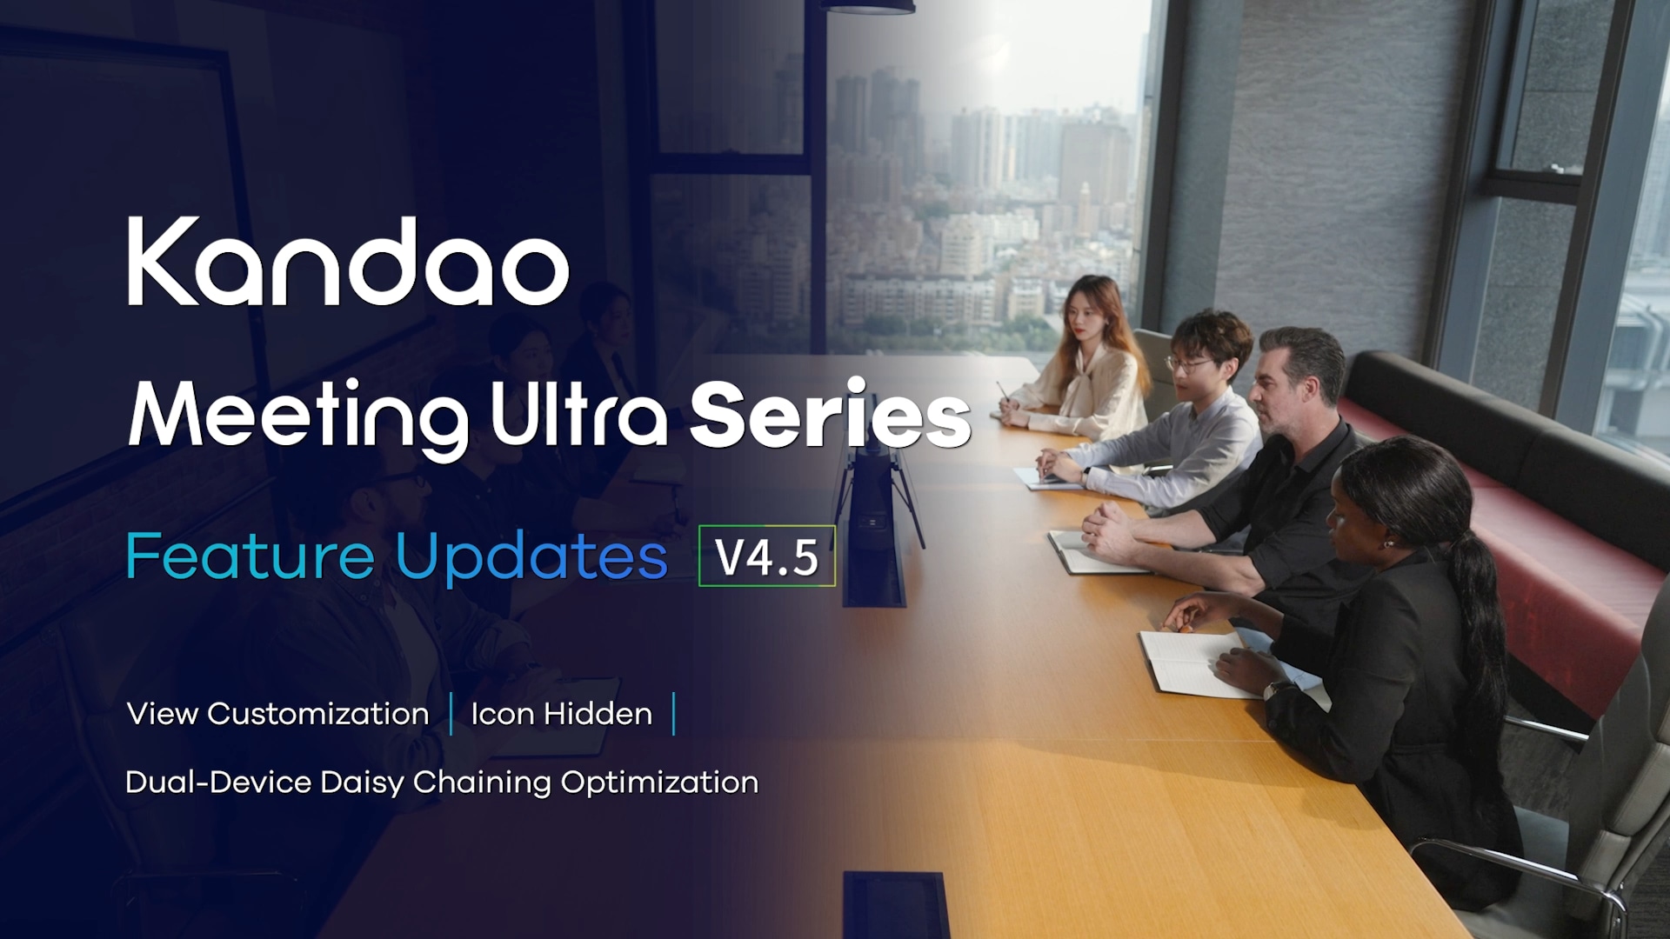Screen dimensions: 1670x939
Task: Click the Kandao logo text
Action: coord(348,261)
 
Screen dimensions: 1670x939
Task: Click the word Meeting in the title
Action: coord(298,417)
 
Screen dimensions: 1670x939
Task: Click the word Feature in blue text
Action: coord(250,556)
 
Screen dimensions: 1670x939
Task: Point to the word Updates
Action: coord(531,557)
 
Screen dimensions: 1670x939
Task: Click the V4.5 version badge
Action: coord(766,556)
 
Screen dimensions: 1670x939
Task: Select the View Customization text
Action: coord(278,714)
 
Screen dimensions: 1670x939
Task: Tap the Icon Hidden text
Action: coord(561,714)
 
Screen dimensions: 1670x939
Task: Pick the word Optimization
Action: coord(659,782)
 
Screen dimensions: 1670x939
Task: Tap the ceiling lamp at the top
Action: coord(867,7)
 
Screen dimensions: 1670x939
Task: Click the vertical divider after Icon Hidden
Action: coord(674,714)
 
